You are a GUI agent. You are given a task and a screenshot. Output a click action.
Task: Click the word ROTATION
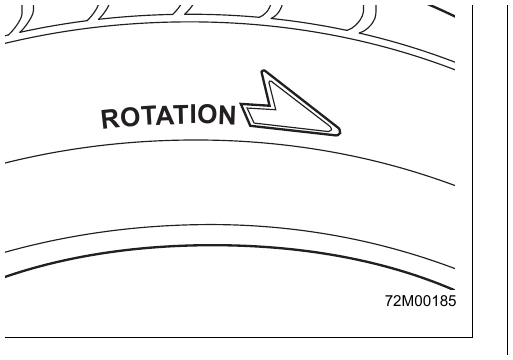[x=168, y=116]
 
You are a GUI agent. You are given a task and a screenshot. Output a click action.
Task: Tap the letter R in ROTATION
[x=110, y=119]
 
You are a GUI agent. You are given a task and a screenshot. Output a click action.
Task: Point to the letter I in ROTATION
[x=194, y=114]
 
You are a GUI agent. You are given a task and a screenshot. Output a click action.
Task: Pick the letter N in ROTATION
[x=227, y=115]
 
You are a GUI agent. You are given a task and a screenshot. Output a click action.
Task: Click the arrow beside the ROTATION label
[x=290, y=103]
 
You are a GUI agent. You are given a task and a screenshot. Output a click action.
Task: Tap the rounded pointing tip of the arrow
[x=339, y=132]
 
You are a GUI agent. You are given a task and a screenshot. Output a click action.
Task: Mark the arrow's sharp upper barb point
[x=263, y=71]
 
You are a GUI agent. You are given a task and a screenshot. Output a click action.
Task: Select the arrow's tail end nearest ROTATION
[x=241, y=104]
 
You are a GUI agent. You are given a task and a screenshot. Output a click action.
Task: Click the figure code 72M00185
[x=420, y=301]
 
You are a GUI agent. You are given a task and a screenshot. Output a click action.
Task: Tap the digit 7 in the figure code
[x=389, y=301]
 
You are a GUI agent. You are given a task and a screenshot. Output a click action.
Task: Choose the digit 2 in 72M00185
[x=398, y=301]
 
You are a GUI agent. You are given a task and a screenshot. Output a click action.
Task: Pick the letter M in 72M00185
[x=408, y=301]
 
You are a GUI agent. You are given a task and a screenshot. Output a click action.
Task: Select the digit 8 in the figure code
[x=443, y=301]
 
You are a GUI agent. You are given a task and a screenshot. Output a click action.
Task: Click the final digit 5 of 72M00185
[x=452, y=301]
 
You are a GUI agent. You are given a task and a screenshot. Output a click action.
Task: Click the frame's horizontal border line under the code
[x=239, y=337]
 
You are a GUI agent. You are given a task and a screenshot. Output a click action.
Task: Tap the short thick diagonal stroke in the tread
[x=442, y=11]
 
